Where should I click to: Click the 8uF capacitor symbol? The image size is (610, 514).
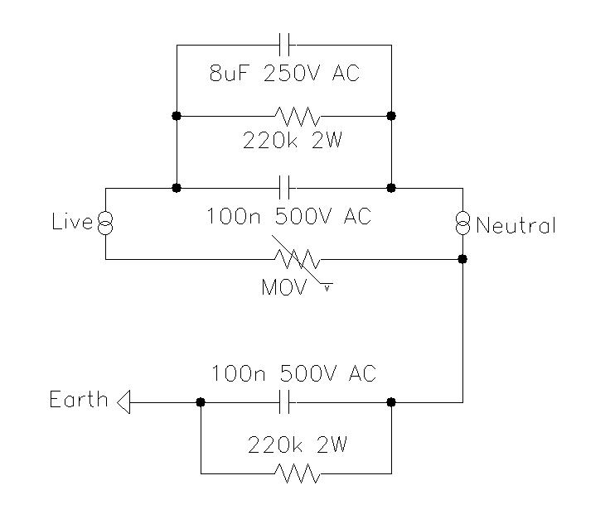(284, 45)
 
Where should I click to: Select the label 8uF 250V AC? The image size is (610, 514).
(284, 73)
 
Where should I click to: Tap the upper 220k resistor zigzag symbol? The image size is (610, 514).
(298, 116)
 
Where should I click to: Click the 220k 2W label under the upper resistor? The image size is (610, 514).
(293, 140)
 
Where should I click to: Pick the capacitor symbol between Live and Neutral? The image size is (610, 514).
(284, 188)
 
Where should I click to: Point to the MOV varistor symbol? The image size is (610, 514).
(299, 260)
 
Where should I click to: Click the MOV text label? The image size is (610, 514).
(284, 288)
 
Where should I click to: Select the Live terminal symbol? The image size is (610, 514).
(105, 223)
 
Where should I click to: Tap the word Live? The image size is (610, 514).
(72, 222)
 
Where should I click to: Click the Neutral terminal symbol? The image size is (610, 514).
(462, 223)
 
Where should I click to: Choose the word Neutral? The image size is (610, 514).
(516, 225)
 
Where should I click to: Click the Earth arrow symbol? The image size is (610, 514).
(123, 402)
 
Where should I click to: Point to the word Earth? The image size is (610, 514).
(79, 399)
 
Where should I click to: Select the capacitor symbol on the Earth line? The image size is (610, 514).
(284, 402)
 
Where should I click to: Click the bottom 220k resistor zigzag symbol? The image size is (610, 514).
(298, 473)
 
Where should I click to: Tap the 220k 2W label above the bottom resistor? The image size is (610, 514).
(298, 444)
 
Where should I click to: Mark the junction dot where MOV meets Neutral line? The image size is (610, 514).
(462, 259)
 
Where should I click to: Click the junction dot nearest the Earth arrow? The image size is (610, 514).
(201, 402)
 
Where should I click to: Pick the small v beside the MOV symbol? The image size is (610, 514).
(327, 289)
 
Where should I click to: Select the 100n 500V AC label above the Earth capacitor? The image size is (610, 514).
(293, 373)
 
